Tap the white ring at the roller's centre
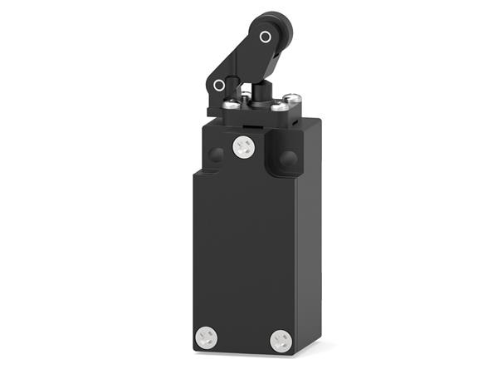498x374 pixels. click(x=266, y=37)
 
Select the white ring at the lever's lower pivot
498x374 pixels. click(x=219, y=85)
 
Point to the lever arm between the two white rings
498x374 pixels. click(x=242, y=62)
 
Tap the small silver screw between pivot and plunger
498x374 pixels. click(x=246, y=97)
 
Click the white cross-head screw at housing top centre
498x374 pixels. click(x=243, y=146)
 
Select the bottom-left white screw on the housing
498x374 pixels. click(x=206, y=337)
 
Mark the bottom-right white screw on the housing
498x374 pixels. click(x=281, y=340)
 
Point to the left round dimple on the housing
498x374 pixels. click(x=216, y=155)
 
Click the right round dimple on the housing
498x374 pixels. click(x=289, y=158)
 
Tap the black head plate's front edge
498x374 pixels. click(x=249, y=112)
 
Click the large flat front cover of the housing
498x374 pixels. click(x=245, y=249)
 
